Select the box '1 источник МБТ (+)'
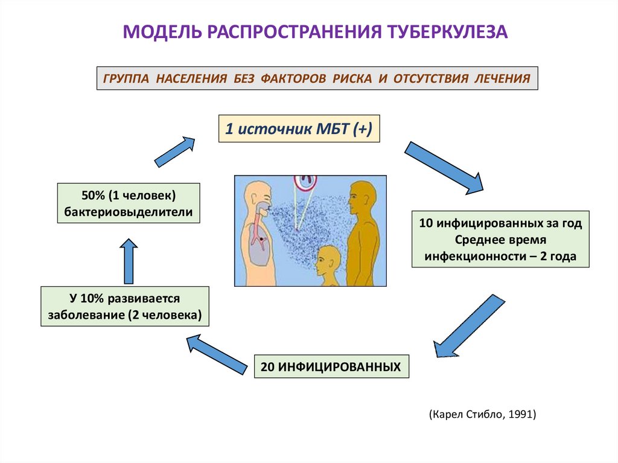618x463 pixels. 299,129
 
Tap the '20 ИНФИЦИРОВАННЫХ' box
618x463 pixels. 331,366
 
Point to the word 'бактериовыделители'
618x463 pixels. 129,212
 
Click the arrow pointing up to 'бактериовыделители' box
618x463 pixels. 128,261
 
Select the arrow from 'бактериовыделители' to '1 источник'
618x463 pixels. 176,151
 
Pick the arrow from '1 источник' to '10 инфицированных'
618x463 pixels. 444,167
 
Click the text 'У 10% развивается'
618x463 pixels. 125,299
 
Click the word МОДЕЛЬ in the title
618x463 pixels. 158,31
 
